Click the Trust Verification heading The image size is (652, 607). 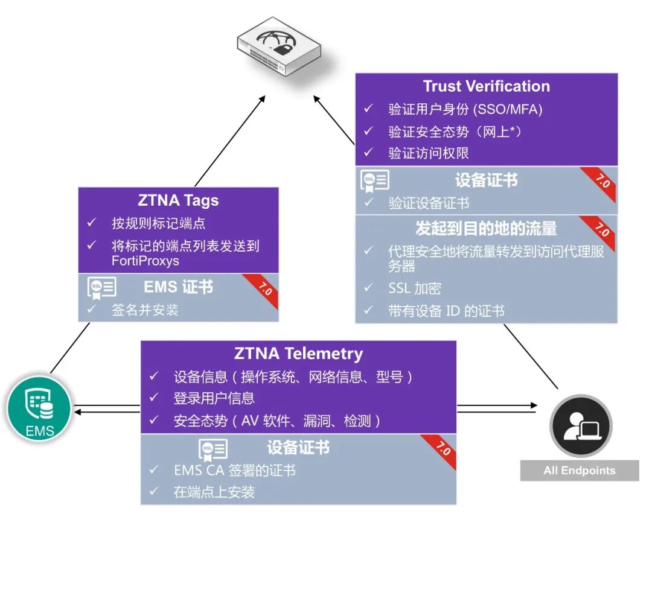coord(486,86)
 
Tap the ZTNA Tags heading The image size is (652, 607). coord(178,200)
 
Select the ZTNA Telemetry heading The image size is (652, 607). coord(298,353)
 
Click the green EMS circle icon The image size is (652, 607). coord(40,408)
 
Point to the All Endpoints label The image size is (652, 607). coord(579,471)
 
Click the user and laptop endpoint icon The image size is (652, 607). coord(580,426)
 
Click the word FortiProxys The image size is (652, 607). coord(145,261)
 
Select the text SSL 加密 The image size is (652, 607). coord(415,288)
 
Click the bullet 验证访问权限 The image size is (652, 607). coord(429,153)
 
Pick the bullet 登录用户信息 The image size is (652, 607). coord(214,398)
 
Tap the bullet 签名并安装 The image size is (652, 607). coord(145,310)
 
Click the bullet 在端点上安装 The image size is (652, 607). coord(214,492)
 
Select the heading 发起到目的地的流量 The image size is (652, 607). coord(486,228)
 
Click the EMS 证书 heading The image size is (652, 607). coord(178,287)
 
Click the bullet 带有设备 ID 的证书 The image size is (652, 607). coord(446,311)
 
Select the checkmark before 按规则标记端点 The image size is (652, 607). coord(92,223)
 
